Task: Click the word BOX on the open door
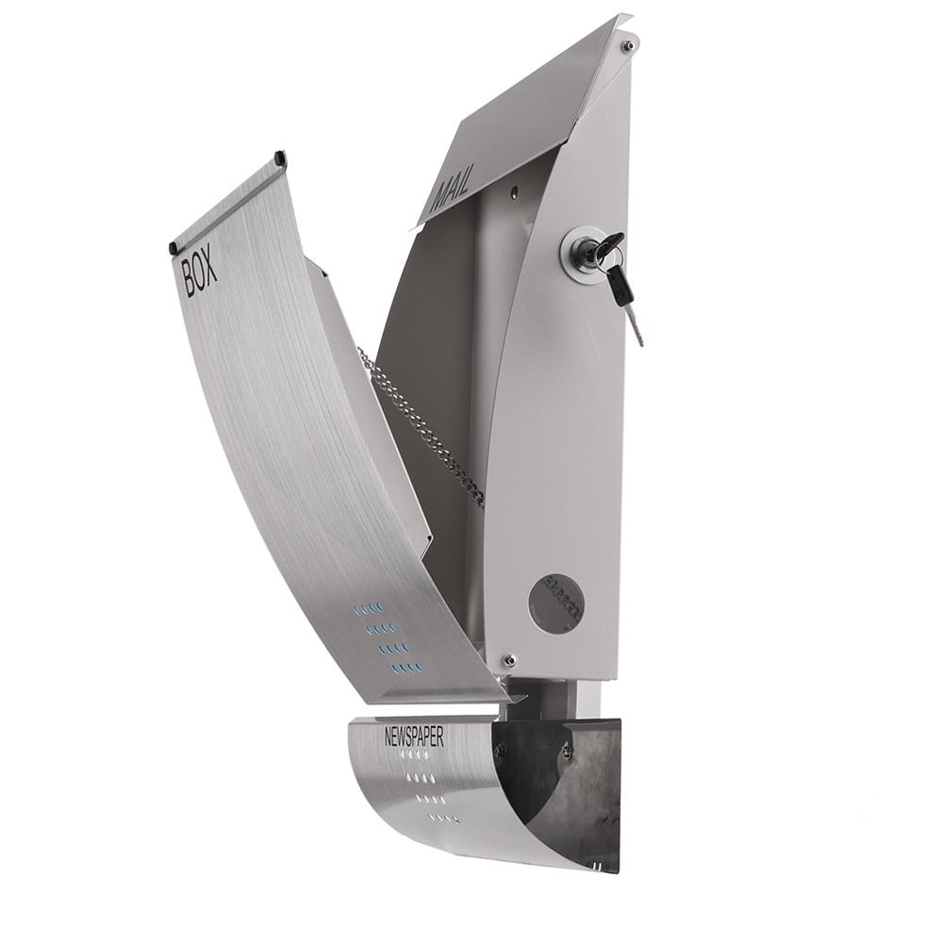(200, 274)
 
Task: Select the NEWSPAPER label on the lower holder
(414, 737)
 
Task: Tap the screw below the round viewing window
(509, 660)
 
